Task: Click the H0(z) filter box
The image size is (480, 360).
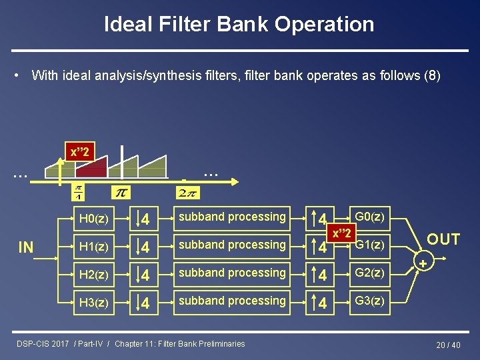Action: pyautogui.click(x=93, y=218)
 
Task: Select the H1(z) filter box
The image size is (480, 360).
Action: pyautogui.click(x=93, y=246)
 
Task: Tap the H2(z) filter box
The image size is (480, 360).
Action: pyautogui.click(x=93, y=274)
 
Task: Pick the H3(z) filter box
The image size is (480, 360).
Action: pyautogui.click(x=93, y=302)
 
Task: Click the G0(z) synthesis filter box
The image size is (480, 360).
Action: pyautogui.click(x=369, y=217)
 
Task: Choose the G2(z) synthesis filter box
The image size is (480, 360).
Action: pyautogui.click(x=369, y=273)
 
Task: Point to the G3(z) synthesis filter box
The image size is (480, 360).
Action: pyautogui.click(x=369, y=301)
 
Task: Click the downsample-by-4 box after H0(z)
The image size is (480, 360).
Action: pyautogui.click(x=144, y=218)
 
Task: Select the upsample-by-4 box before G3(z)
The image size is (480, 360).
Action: pyautogui.click(x=321, y=302)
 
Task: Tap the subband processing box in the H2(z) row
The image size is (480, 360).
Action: pyautogui.click(x=232, y=273)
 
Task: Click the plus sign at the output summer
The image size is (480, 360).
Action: pyautogui.click(x=421, y=265)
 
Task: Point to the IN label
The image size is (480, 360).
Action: pyautogui.click(x=26, y=248)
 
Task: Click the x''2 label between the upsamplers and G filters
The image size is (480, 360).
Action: pyautogui.click(x=342, y=233)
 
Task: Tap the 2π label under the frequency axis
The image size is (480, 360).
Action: pyautogui.click(x=186, y=193)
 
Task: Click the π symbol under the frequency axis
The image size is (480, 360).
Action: pyautogui.click(x=121, y=193)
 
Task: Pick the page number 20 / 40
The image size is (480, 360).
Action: pyautogui.click(x=448, y=345)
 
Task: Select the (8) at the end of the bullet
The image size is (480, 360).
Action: pyautogui.click(x=432, y=75)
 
